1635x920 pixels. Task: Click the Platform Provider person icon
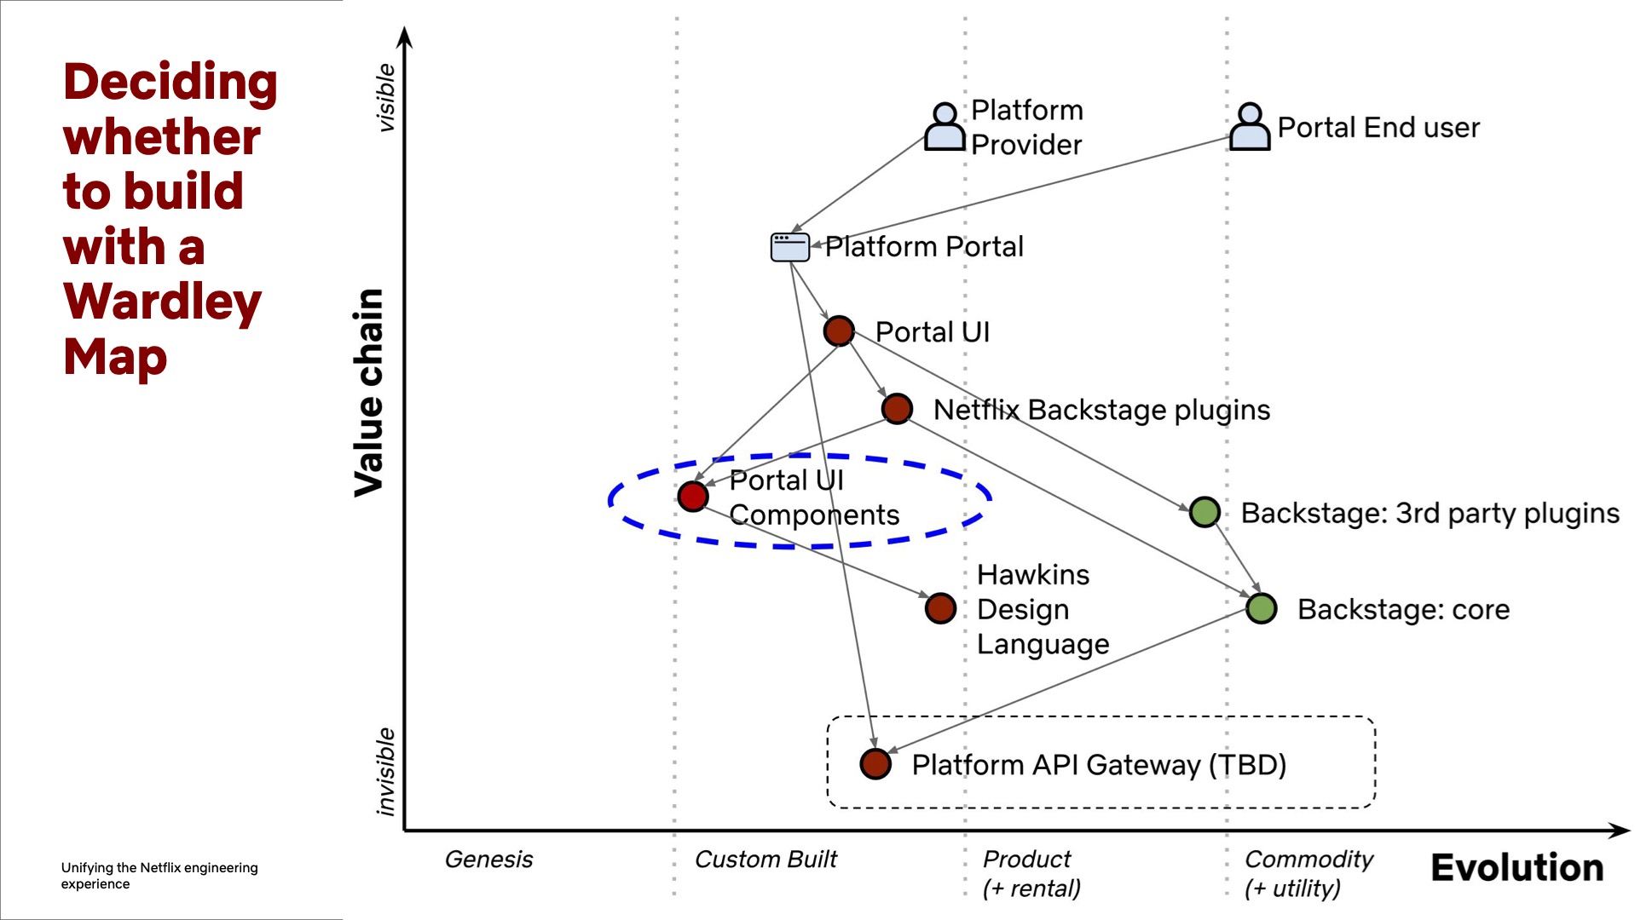pos(945,128)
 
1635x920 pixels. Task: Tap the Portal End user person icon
pos(1250,128)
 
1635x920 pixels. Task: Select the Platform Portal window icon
pos(789,247)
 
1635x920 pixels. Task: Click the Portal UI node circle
pos(839,331)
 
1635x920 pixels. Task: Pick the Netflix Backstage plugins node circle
pos(897,409)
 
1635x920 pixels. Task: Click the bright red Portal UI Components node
pos(693,496)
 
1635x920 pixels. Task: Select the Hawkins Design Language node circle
pos(940,608)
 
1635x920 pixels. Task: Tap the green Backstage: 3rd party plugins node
pos(1205,512)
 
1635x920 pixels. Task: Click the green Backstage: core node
pos(1261,608)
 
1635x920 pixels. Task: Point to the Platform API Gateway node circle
pos(875,764)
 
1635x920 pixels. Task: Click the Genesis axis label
pos(488,860)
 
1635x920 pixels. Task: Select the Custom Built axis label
pos(766,860)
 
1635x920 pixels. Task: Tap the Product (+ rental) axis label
pos(1031,873)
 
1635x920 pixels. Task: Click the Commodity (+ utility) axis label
pos(1309,873)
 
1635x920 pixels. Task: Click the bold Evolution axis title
pos(1517,868)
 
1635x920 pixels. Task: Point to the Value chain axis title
pos(369,392)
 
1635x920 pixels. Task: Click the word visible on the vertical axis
pos(386,98)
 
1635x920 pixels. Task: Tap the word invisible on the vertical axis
pos(386,771)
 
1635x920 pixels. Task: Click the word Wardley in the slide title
pos(162,302)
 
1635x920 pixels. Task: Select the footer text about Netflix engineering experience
pos(159,875)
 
